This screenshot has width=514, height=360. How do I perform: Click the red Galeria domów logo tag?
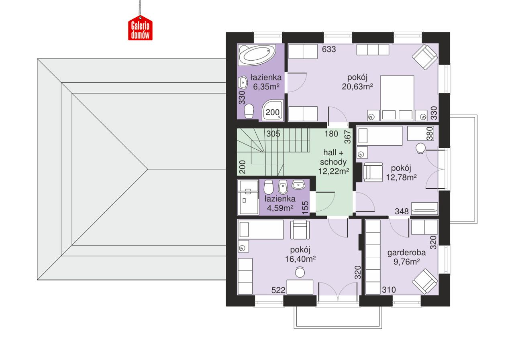140,28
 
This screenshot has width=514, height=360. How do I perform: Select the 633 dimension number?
329,49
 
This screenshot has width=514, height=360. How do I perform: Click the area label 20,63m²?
357,87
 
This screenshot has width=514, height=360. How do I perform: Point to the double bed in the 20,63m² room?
397,98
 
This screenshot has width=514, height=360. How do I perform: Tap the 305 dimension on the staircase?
273,134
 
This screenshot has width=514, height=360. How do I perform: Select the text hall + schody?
333,157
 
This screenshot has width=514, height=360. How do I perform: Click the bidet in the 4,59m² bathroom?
283,187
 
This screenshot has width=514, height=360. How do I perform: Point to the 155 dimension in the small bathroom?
306,208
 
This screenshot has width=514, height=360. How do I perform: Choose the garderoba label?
406,253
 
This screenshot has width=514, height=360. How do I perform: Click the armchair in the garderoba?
424,282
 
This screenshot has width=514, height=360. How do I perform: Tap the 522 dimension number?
278,290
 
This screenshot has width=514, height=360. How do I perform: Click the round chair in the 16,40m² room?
300,272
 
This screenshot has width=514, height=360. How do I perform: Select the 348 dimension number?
402,211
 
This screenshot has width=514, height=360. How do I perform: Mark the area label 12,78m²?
401,177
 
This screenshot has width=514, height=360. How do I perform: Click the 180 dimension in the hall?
331,134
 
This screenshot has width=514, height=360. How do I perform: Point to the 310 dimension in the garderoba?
389,290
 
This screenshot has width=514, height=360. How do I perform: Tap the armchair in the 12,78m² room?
373,172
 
